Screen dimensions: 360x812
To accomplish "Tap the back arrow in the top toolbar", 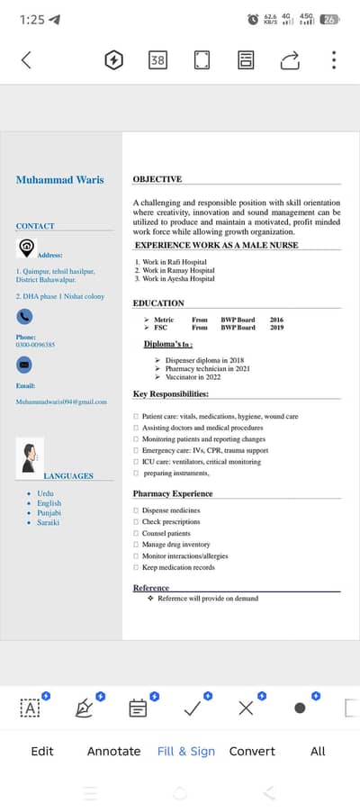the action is [26, 60].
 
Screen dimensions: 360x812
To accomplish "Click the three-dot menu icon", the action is [334, 60].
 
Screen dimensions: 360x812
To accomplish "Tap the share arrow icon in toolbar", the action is [290, 60].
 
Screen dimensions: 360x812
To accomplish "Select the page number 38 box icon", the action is [157, 60].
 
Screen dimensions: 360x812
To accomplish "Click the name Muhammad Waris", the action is [59, 180].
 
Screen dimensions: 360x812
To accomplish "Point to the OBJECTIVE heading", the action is [157, 179].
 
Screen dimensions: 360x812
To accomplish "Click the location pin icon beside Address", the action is [26, 248].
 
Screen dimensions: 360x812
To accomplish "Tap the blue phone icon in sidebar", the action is [25, 316].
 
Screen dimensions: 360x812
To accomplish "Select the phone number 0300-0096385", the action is [35, 345].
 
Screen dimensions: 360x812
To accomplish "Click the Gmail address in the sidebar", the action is [61, 401].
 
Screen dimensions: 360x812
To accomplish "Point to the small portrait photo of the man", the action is [30, 456].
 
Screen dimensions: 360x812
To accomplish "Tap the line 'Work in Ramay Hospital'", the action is [178, 270].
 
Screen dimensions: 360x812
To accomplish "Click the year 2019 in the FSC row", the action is [276, 328].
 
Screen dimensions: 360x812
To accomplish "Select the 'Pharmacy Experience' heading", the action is [173, 493].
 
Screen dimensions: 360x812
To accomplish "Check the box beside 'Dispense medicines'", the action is [136, 510].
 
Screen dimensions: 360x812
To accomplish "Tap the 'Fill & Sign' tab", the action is [186, 751].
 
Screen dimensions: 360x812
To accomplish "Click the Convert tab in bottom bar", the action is [252, 751].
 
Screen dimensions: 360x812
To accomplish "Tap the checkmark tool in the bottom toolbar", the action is [192, 708].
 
